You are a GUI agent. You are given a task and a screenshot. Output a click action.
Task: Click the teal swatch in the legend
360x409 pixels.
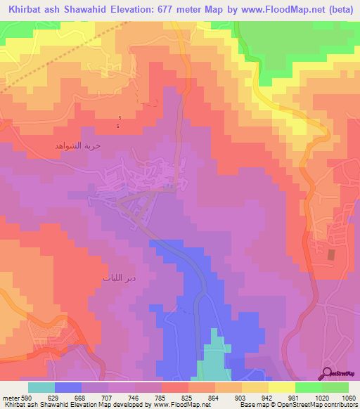[x=41, y=387]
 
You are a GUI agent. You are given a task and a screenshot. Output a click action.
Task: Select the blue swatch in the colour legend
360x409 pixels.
[x=68, y=387]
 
